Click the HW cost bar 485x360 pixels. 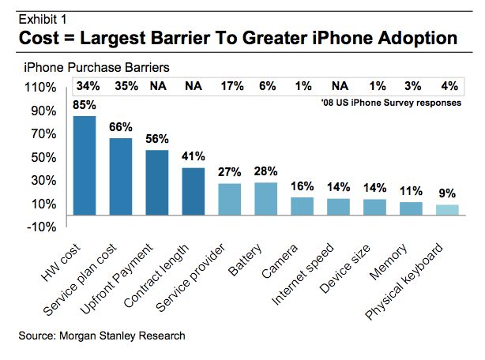pyautogui.click(x=85, y=165)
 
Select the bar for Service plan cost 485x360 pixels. pyautogui.click(x=121, y=176)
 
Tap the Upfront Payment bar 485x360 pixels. pyautogui.click(x=157, y=182)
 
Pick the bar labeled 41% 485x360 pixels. pyautogui.click(x=194, y=190)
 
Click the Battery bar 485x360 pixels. pyautogui.click(x=266, y=198)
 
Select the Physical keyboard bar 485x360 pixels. pyautogui.click(x=447, y=209)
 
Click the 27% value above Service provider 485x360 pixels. pyautogui.click(x=229, y=171)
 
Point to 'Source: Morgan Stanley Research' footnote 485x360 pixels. pyautogui.click(x=102, y=336)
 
